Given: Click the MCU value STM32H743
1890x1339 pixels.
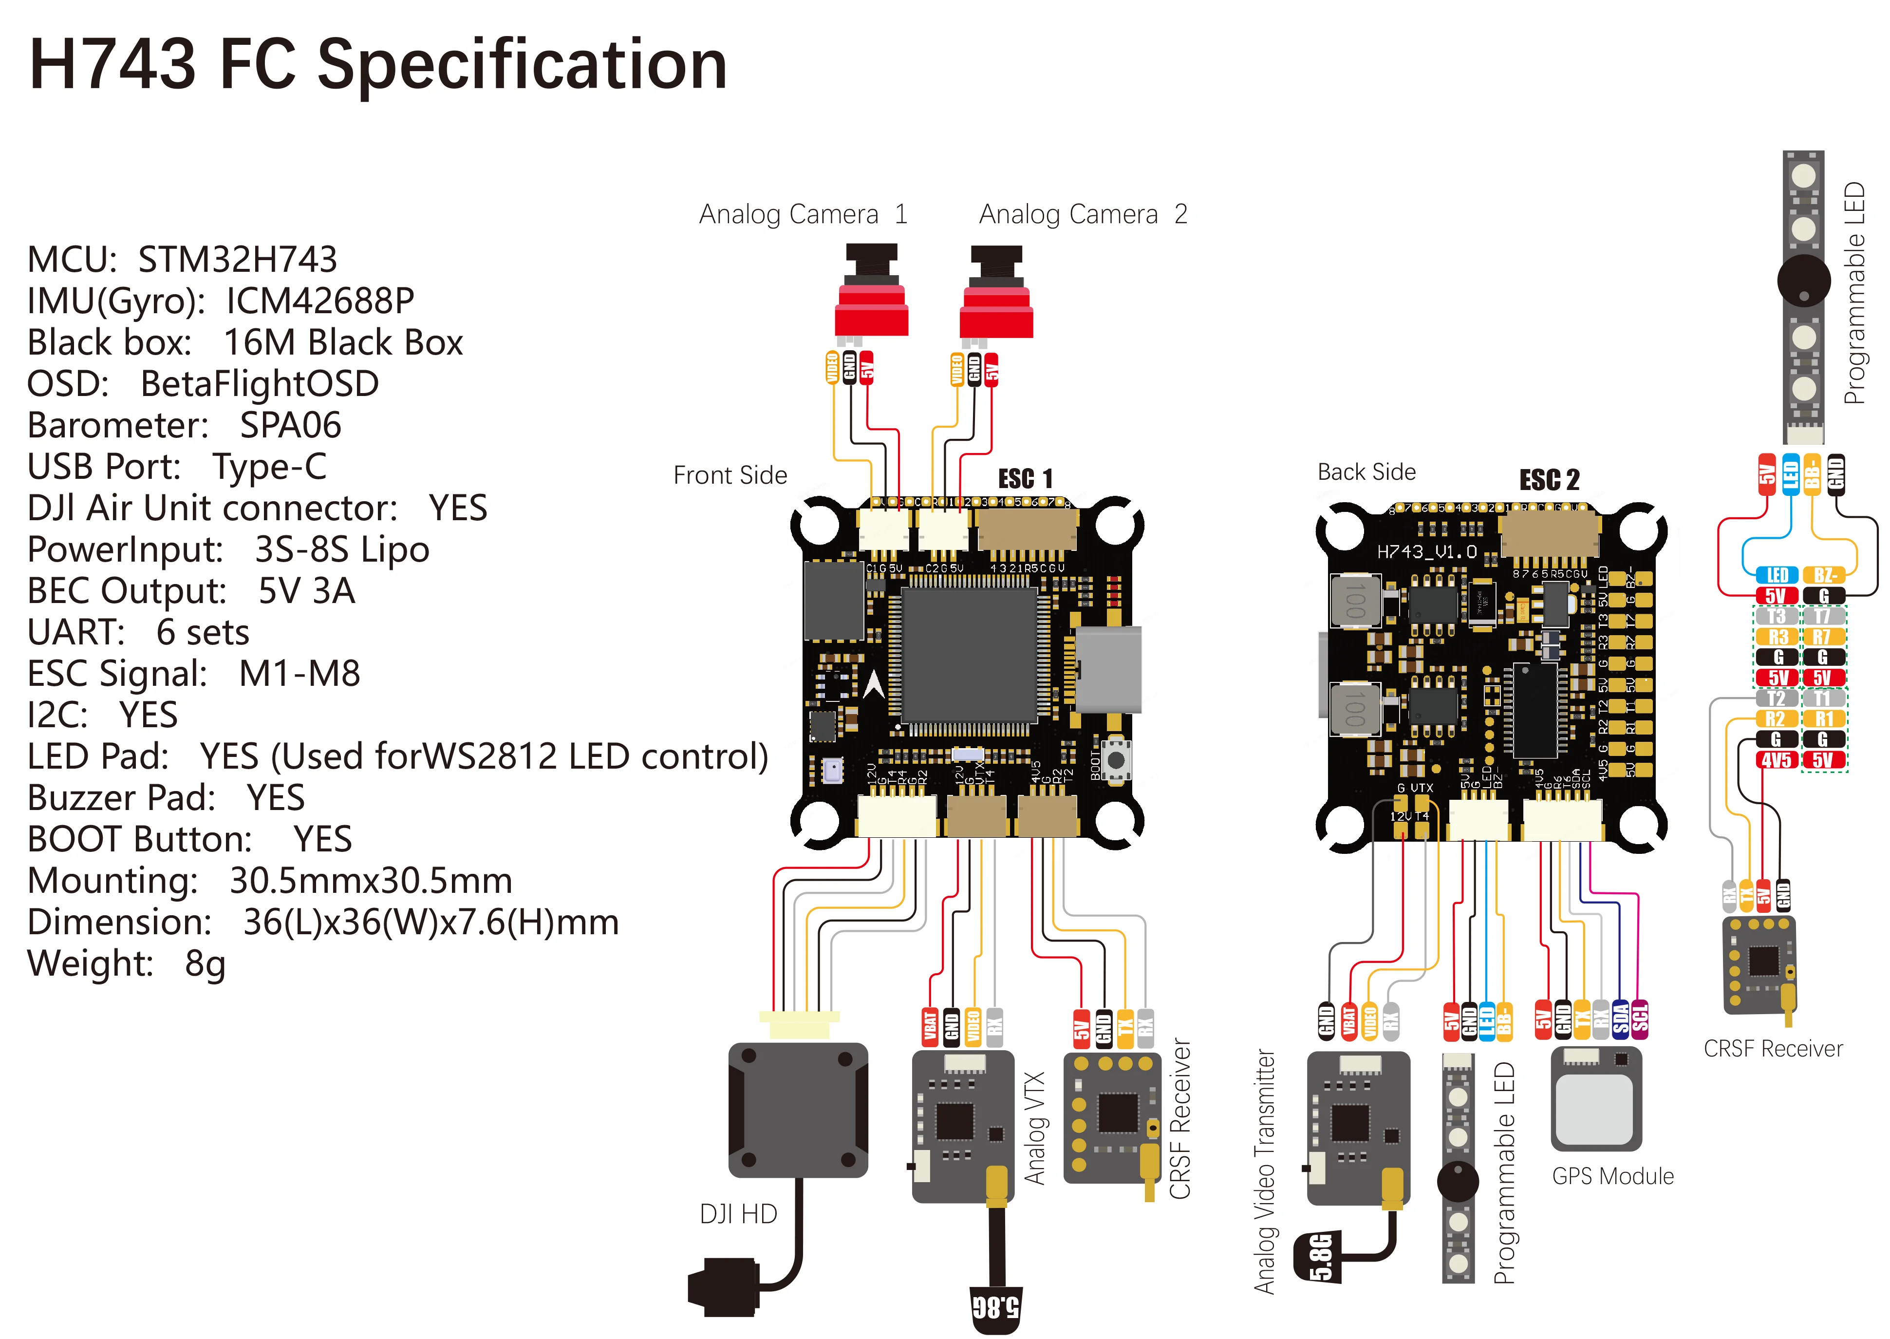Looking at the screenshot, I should (x=237, y=260).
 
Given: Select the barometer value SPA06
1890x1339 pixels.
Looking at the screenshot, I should (x=290, y=425).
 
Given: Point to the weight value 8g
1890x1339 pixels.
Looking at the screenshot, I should (x=205, y=964).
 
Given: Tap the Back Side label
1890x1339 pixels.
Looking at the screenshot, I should (x=1366, y=472).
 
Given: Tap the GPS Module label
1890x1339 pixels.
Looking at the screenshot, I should (x=1612, y=1177).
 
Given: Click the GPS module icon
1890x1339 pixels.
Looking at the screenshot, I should (x=1596, y=1099).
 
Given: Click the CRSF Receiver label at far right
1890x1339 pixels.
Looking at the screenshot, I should (x=1772, y=1049).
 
